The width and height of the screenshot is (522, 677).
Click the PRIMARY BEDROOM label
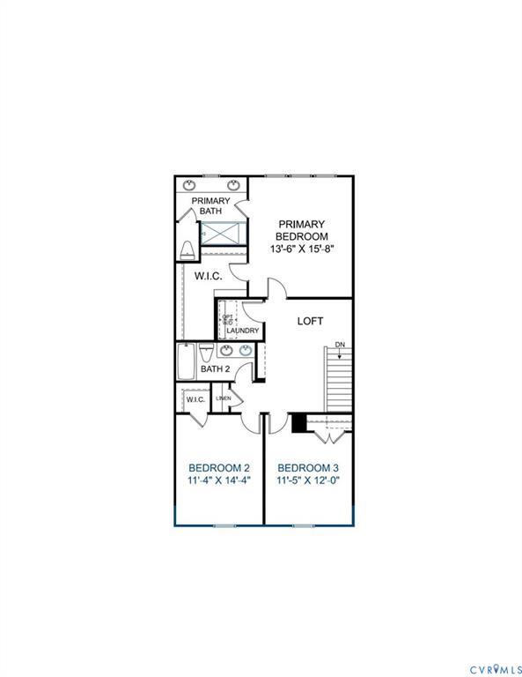click(x=301, y=230)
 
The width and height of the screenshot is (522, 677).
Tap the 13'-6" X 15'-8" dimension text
click(x=301, y=249)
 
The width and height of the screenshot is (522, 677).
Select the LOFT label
click(x=310, y=321)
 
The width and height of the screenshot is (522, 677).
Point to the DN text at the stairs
click(x=340, y=345)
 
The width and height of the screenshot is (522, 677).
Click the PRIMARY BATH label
click(x=211, y=205)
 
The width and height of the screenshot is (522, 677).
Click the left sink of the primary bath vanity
click(x=192, y=185)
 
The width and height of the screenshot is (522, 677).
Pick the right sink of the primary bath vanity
click(x=234, y=185)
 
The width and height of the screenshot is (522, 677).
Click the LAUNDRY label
click(x=242, y=331)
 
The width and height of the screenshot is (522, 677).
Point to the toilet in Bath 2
click(x=205, y=354)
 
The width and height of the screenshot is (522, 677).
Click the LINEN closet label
click(x=223, y=399)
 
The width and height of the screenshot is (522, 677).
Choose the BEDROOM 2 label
click(x=219, y=467)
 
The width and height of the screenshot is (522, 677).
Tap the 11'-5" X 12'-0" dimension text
click(x=307, y=481)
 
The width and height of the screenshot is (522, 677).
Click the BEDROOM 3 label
click(x=307, y=467)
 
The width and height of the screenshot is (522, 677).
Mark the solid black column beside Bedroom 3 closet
click(x=298, y=423)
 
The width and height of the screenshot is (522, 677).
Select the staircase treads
click(x=339, y=379)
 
